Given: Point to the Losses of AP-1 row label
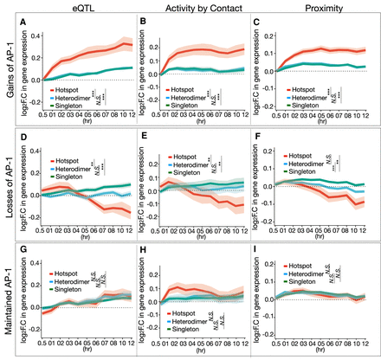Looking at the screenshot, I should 6,183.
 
